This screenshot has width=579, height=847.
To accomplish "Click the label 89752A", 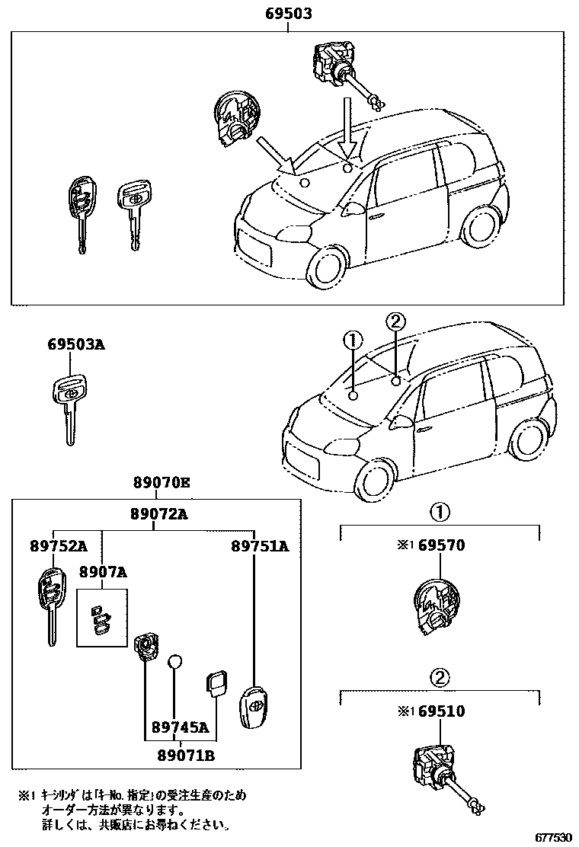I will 58,546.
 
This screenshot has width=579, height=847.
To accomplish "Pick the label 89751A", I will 260,546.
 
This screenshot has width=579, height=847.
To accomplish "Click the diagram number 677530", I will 552,836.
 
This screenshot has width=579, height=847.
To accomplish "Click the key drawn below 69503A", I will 69,404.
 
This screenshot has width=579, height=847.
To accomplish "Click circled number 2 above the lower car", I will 395,321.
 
